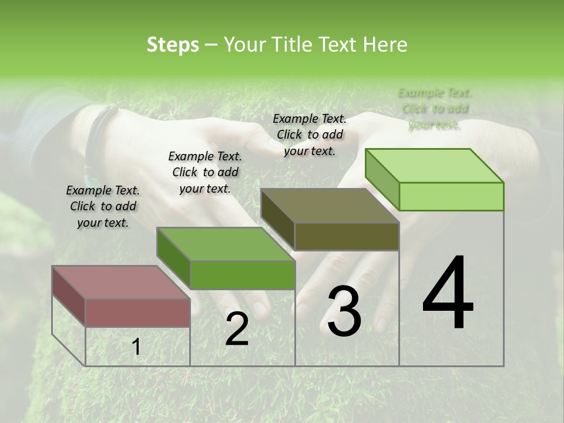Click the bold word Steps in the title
pos(173,45)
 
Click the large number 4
pos(448,294)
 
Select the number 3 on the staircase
pos(344,311)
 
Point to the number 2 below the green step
pos(237,329)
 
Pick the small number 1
pos(136,347)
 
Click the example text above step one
pos(103,206)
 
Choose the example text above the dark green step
pos(205,172)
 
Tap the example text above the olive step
pos(310,135)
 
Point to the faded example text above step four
pos(435,109)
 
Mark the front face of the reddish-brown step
pos(137,313)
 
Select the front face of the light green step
pos(451,196)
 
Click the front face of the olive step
pos(347,236)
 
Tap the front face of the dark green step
pos(242,275)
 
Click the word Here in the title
pos(385,45)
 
